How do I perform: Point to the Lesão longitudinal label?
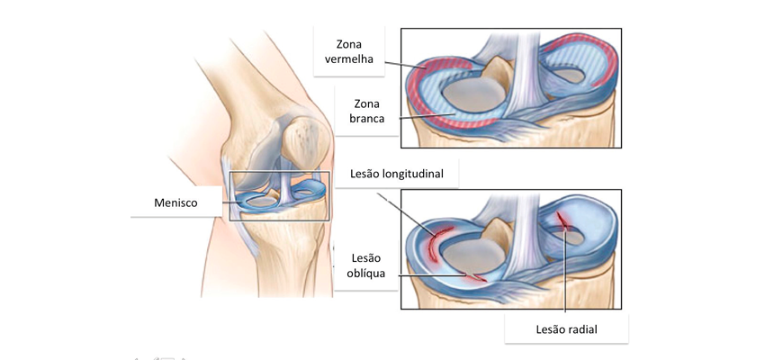(396, 173)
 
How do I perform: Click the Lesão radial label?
(564, 329)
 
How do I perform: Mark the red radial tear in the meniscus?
(564, 220)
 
